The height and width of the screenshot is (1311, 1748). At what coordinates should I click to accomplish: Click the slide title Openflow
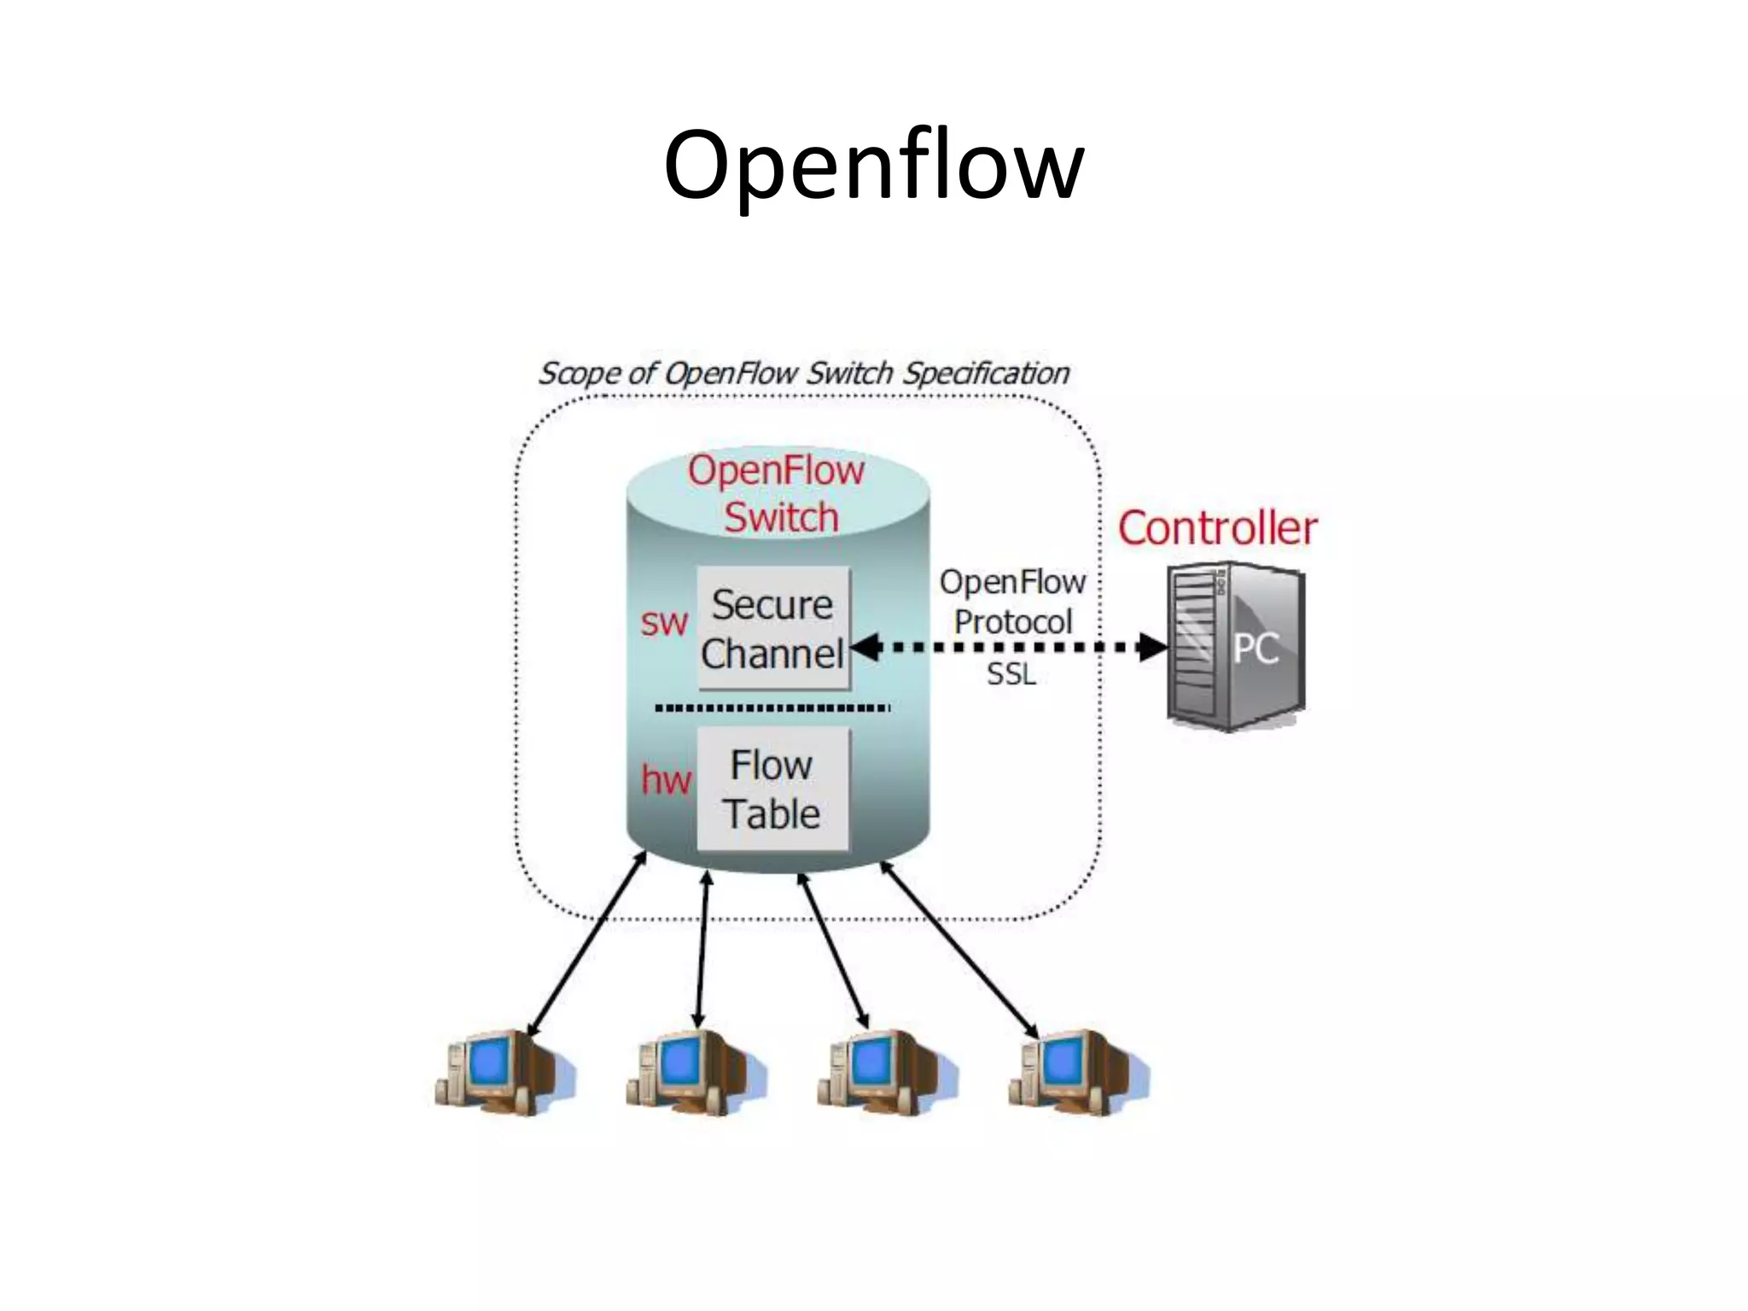873,166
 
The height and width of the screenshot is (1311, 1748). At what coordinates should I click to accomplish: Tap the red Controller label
1217,528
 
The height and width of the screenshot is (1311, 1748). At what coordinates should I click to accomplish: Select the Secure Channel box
773,629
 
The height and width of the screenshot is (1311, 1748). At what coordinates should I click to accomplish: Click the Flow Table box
773,789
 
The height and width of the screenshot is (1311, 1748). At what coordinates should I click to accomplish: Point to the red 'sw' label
664,623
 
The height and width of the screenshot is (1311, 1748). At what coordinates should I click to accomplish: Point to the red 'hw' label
666,780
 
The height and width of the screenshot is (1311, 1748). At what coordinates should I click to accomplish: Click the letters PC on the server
1256,649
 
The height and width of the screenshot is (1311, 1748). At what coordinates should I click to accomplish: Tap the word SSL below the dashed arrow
1011,674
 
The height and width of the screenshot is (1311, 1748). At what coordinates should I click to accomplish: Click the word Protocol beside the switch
1012,622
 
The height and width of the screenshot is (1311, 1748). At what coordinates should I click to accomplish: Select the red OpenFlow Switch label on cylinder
778,494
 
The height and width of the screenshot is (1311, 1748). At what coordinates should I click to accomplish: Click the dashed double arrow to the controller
1007,647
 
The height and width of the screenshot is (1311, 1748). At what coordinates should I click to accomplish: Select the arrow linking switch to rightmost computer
959,949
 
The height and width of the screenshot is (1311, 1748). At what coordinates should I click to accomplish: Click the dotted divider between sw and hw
772,708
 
